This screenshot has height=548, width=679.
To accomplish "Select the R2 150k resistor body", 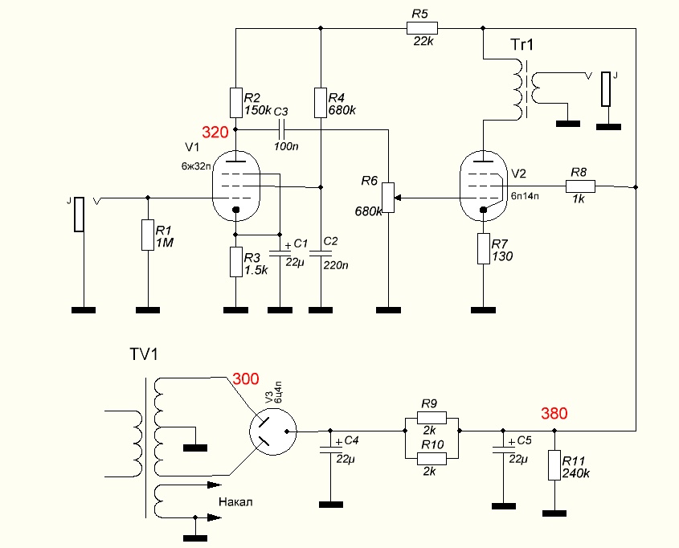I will (235, 102).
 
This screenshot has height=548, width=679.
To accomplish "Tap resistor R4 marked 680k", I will (321, 102).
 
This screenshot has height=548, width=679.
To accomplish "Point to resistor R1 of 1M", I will (147, 235).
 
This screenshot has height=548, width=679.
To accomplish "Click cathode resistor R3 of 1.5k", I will (235, 262).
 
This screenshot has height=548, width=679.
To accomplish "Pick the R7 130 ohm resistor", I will (483, 248).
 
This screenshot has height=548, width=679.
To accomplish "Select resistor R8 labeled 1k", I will (580, 186).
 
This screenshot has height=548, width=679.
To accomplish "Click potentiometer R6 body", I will (389, 198).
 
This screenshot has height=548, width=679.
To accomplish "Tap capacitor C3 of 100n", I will (281, 129).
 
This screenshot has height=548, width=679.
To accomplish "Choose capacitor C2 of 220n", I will (321, 252).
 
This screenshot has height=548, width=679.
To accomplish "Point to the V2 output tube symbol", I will (483, 185).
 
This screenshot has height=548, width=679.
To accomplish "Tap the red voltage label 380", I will (554, 415).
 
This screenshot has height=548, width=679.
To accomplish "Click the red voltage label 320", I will (215, 133).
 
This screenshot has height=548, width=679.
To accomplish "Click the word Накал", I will (235, 502).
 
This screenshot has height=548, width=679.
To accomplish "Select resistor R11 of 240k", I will (554, 465).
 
